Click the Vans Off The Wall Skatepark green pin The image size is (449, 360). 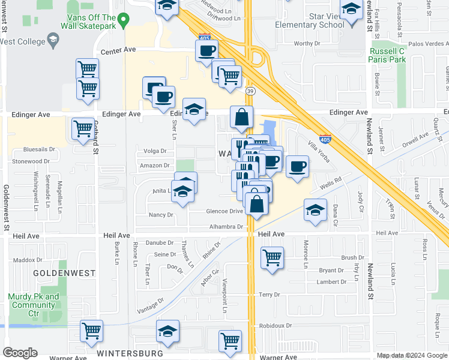(x=123, y=20)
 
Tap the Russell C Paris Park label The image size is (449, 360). (x=387, y=55)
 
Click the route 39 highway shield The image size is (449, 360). (x=250, y=91)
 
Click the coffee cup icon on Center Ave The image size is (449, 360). (x=206, y=50)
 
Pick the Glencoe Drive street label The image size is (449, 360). (x=224, y=211)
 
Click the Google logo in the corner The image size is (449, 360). (x=20, y=353)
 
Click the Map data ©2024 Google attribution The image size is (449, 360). (x=412, y=355)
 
